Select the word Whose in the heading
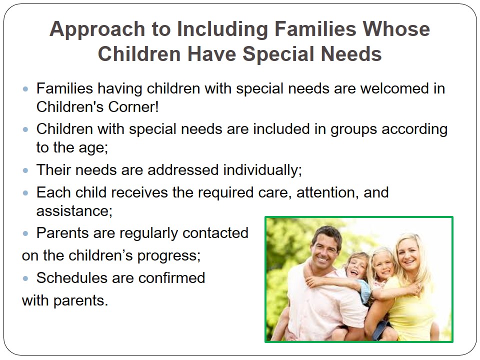pyautogui.click(x=396, y=29)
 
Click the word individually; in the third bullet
pyautogui.click(x=262, y=170)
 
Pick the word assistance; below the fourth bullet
pyautogui.click(x=74, y=211)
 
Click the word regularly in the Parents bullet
pyautogui.click(x=149, y=233)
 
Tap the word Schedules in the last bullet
pyautogui.click(x=72, y=278)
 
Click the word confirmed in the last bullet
pyautogui.click(x=171, y=278)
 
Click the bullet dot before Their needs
pyautogui.click(x=25, y=170)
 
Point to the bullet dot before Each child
pyautogui.click(x=25, y=193)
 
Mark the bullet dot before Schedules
pyautogui.click(x=25, y=278)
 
